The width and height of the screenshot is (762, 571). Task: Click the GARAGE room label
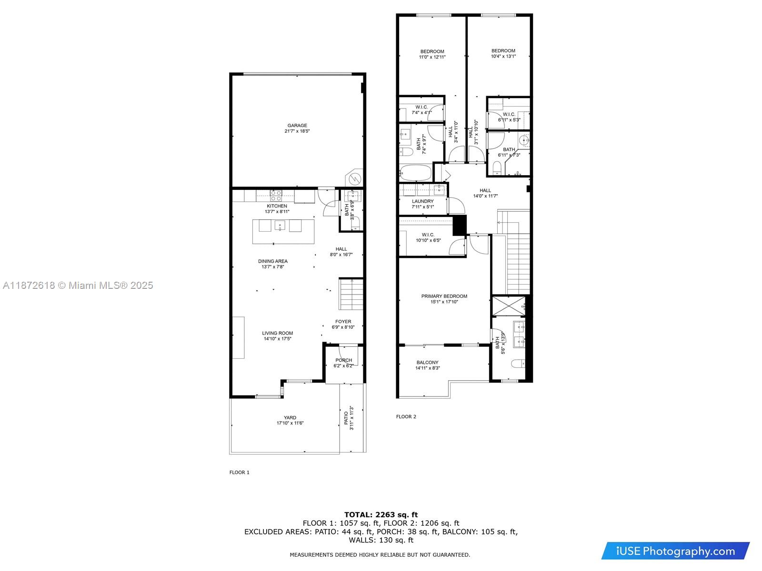pos(297,126)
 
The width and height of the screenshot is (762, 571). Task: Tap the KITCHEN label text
pos(277,206)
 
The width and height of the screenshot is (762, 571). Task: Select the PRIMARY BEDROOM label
pos(444,296)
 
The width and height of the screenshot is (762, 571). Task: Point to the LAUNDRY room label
pos(422,201)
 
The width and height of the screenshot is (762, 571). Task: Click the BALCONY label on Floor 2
pos(427,362)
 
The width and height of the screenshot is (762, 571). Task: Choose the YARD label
pos(290,417)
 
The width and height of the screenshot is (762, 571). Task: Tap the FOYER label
pos(343,321)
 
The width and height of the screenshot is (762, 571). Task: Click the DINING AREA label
pos(272,261)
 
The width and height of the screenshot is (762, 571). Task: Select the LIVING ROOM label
pos(277,333)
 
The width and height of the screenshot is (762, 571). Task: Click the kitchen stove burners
pos(276,196)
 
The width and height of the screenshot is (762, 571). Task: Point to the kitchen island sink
pos(280,226)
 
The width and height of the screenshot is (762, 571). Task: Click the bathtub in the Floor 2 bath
pos(415,172)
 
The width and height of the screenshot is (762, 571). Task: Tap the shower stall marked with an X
pos(509,306)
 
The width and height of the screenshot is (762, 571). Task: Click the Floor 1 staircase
pos(351,294)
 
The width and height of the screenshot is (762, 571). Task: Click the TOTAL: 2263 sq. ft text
pos(381,514)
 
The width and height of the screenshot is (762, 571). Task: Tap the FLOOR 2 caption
pos(406,416)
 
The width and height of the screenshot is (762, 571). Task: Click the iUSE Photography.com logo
pos(675,551)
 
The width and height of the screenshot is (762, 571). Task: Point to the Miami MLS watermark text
pos(78,285)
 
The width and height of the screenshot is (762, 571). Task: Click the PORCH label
pos(343,360)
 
